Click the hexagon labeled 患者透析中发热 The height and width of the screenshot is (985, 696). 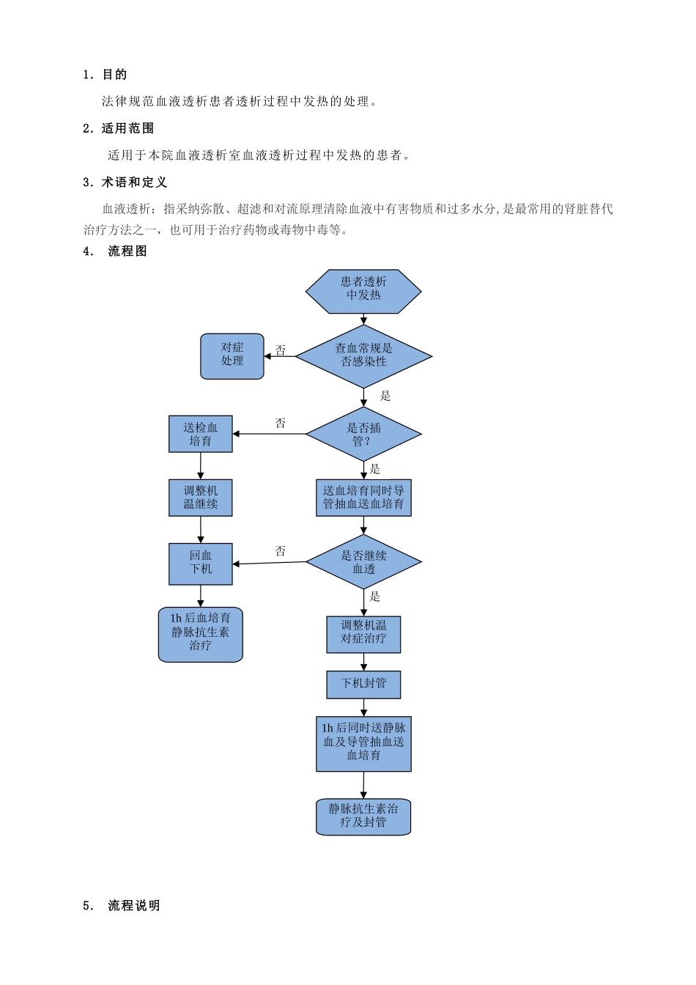(363, 291)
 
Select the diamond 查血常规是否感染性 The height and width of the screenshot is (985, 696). (363, 356)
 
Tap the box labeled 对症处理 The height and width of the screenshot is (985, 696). (232, 356)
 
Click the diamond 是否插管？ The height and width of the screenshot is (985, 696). (363, 434)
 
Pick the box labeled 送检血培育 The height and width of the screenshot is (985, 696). (201, 434)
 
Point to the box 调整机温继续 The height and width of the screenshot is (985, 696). (201, 498)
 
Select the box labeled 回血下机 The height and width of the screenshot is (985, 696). (201, 563)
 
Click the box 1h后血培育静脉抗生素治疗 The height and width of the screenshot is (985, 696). (201, 634)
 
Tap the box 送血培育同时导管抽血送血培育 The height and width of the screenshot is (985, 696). (363, 498)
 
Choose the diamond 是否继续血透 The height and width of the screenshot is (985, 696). (363, 562)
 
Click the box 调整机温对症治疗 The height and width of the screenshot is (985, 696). (363, 634)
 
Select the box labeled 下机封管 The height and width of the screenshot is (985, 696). (363, 684)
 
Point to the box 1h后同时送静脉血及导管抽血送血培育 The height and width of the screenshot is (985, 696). (363, 743)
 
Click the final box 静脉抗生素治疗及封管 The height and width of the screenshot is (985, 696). (363, 816)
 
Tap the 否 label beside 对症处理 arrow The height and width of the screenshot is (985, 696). (281, 350)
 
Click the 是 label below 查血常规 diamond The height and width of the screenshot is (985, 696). (385, 396)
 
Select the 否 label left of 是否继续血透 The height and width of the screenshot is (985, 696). (281, 551)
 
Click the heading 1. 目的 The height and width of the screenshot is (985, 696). (105, 74)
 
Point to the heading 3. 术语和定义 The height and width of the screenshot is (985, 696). (125, 182)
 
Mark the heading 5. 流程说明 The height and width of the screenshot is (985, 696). (122, 905)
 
